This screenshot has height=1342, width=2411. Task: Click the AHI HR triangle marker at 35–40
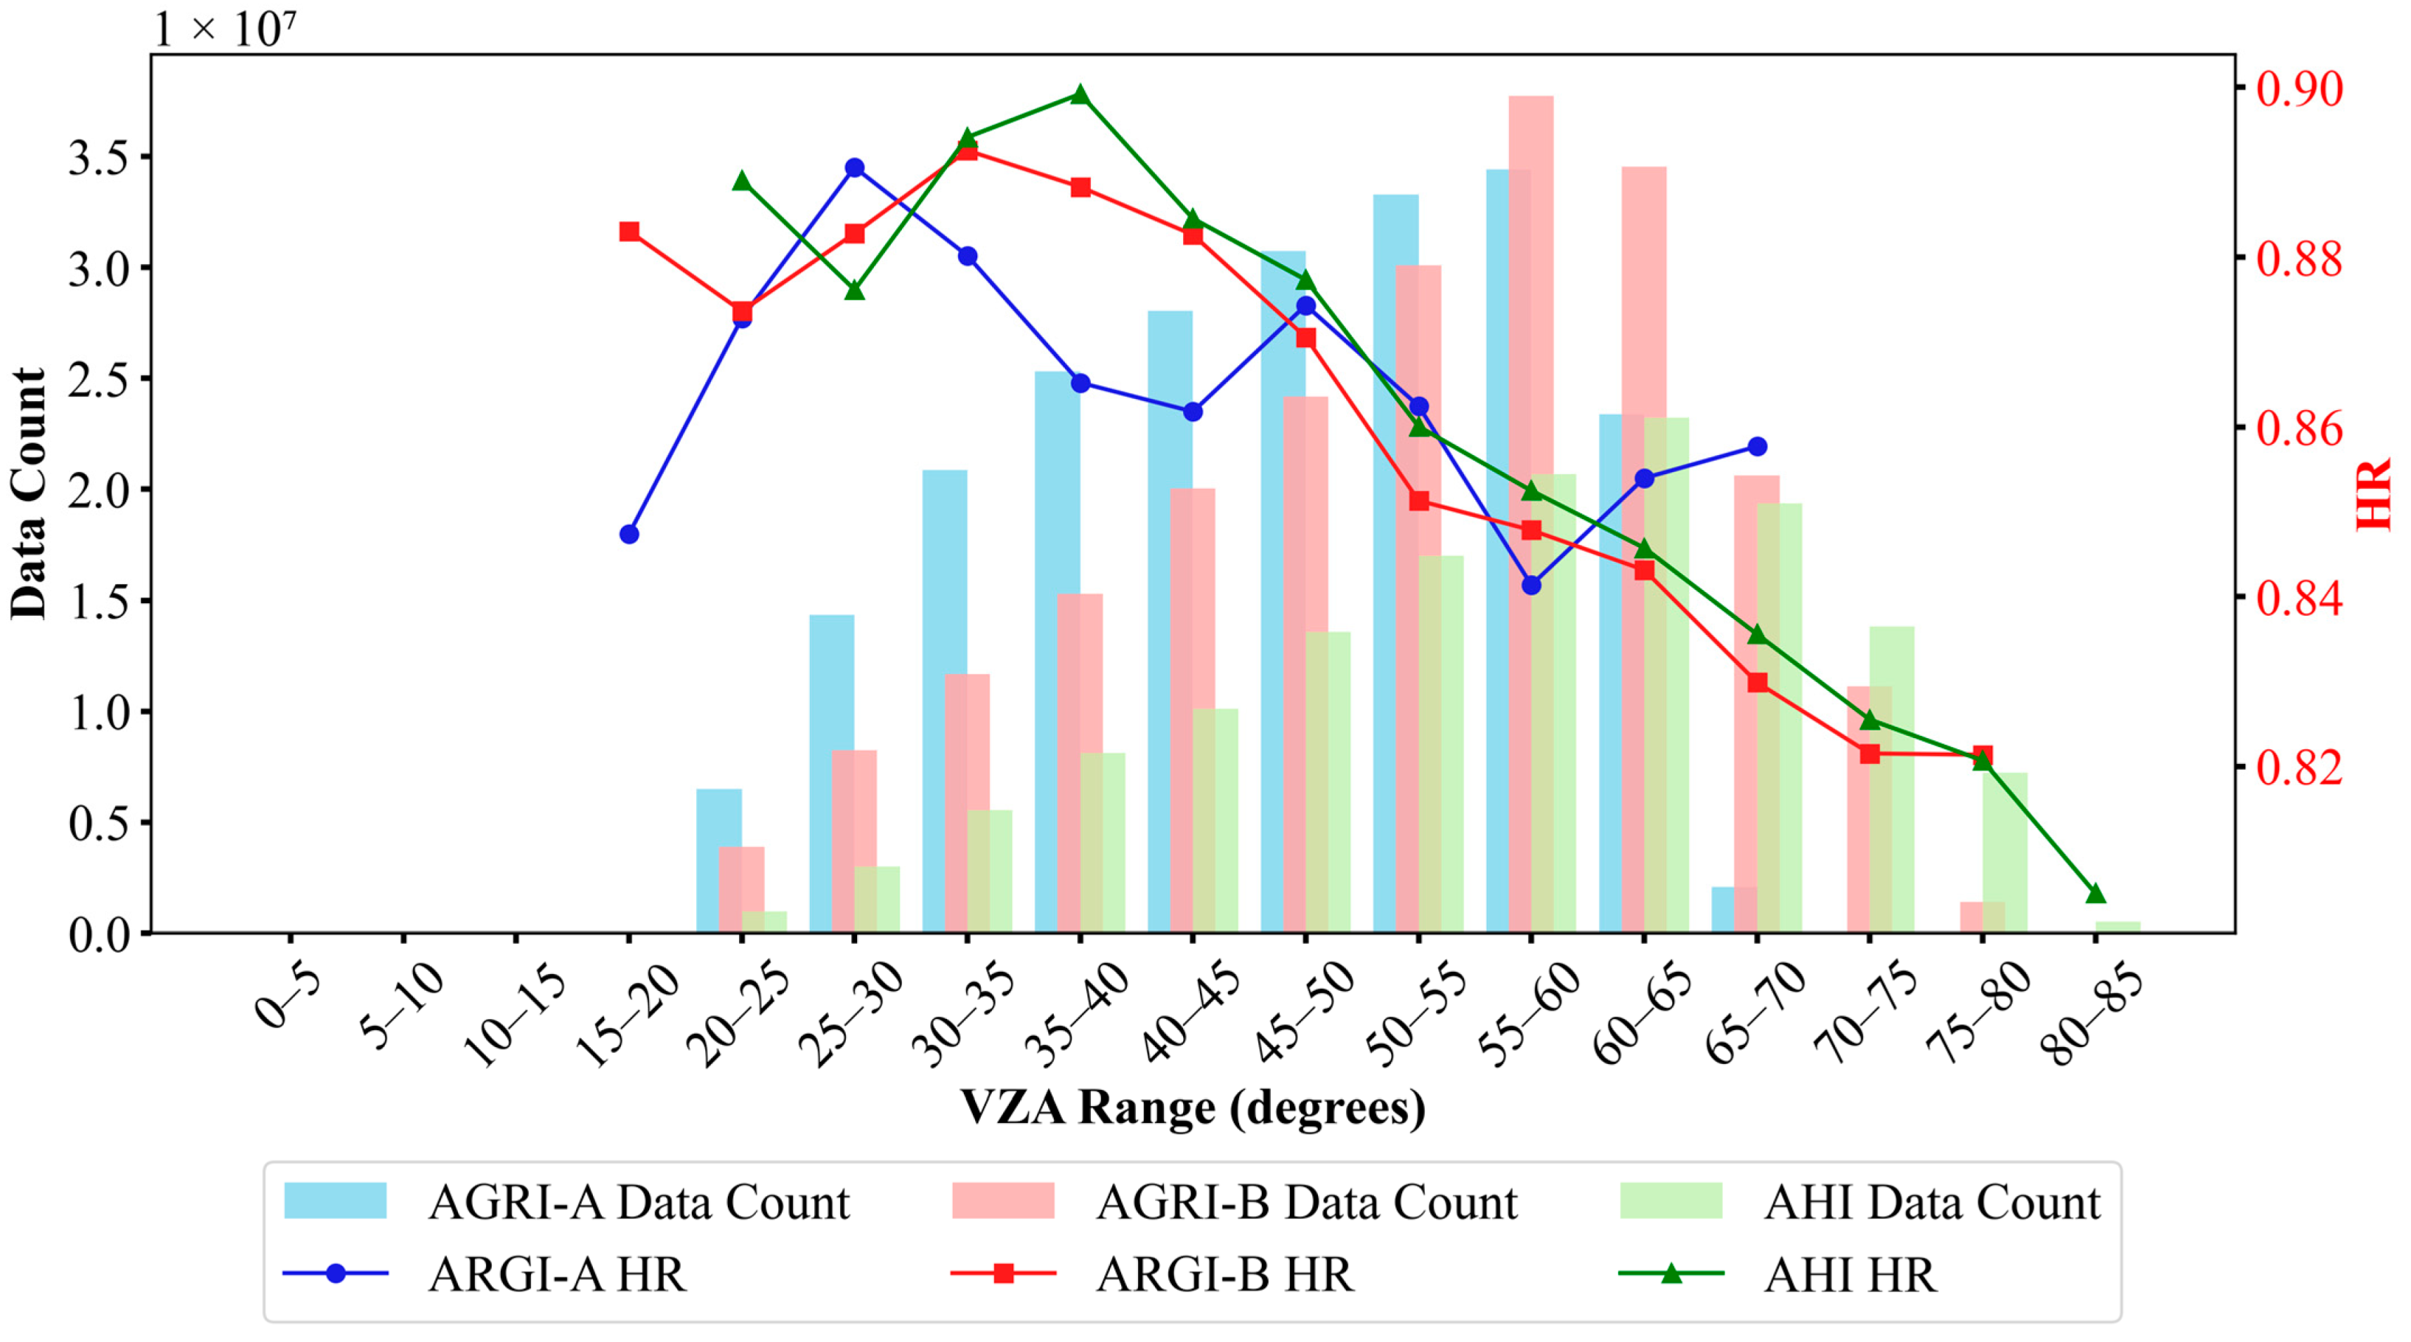[1079, 95]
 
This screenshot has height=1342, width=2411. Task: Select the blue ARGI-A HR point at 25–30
[854, 168]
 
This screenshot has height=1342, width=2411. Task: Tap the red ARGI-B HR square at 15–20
[629, 232]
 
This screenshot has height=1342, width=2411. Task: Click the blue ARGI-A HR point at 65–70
[1757, 447]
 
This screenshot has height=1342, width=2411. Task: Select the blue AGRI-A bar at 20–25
[718, 861]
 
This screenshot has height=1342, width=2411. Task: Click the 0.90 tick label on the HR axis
[2299, 90]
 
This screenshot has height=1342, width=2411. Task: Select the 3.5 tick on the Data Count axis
[98, 158]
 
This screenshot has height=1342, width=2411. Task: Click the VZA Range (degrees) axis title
[1192, 1107]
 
